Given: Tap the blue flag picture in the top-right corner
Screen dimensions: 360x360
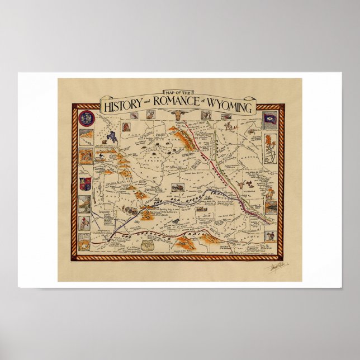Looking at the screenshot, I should pos(271,119).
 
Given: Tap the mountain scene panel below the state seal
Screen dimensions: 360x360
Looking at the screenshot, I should pos(85,137).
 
